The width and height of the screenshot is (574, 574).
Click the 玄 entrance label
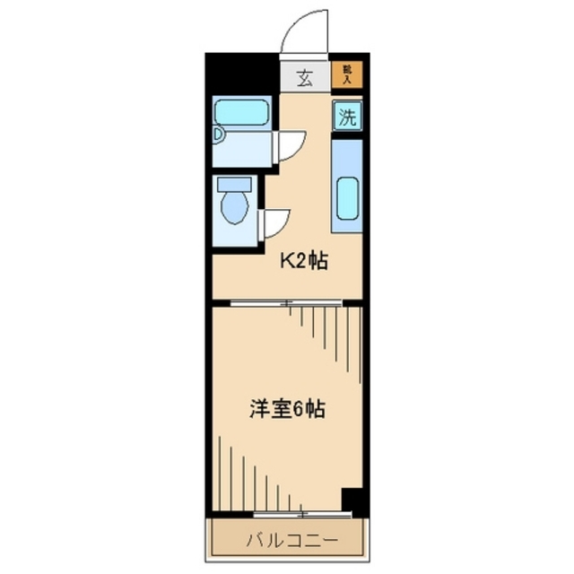(304, 78)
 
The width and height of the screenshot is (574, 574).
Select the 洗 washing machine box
(348, 116)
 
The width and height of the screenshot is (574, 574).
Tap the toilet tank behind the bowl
(234, 186)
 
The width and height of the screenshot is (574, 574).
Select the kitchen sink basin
(347, 200)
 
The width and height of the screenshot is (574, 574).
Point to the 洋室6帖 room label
(286, 410)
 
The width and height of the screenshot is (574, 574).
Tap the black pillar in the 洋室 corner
(354, 500)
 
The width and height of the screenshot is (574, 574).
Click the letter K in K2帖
(289, 262)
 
